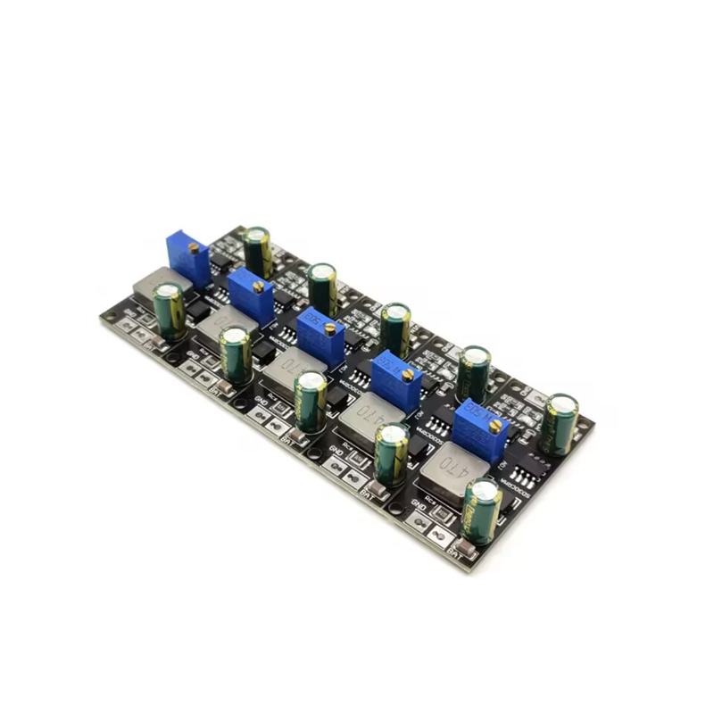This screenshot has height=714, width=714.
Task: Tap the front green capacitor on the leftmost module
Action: click(169, 311)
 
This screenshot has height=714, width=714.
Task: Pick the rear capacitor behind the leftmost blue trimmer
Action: click(258, 251)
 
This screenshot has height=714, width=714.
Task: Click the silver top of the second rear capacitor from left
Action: click(321, 270)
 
